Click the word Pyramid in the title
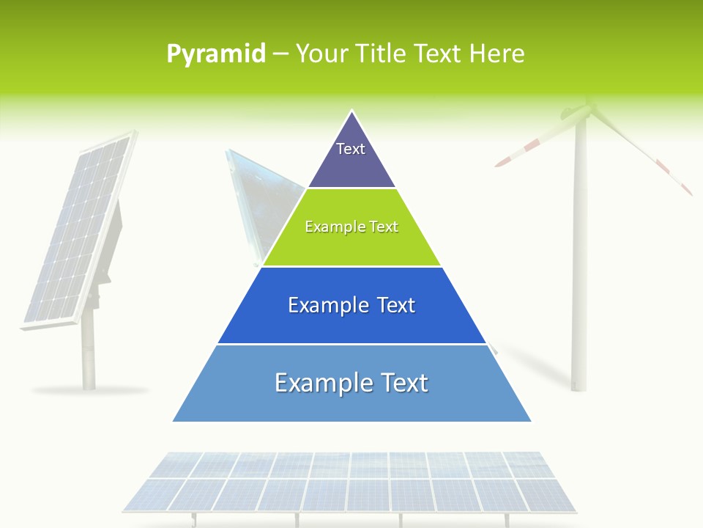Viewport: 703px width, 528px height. click(x=215, y=54)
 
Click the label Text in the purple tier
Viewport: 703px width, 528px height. click(x=351, y=149)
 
